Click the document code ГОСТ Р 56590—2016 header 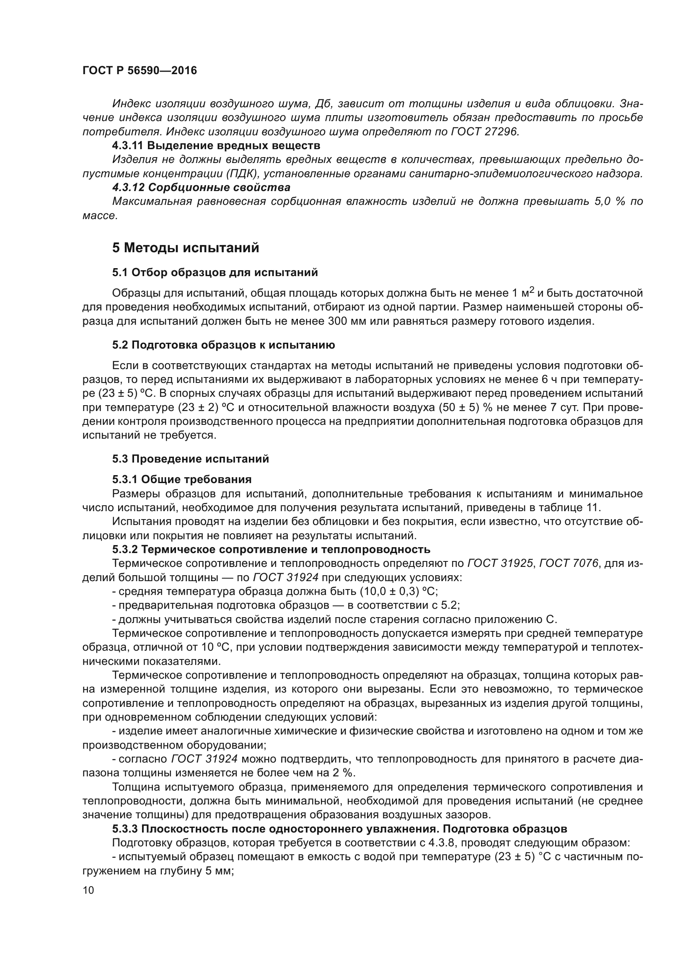(x=140, y=71)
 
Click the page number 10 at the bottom (x=88, y=890)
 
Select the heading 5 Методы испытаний (x=186, y=248)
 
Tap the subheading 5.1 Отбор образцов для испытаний (x=215, y=272)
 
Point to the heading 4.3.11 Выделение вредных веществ (x=216, y=145)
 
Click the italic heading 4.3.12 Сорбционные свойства (x=201, y=187)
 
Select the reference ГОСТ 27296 (x=485, y=132)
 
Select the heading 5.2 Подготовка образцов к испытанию (x=224, y=345)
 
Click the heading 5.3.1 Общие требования (x=182, y=479)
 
